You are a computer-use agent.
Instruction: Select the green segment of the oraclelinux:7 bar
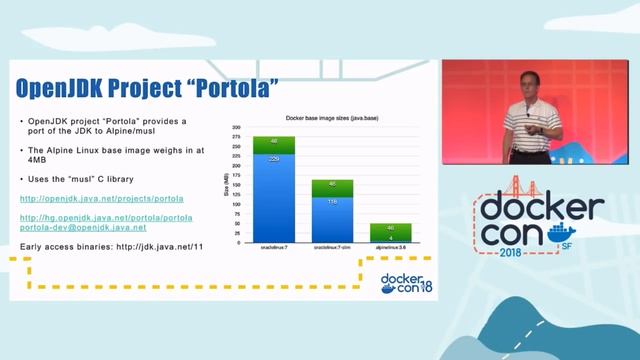[273, 144]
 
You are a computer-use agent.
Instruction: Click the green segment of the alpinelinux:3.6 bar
[390, 228]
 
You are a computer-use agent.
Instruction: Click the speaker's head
[526, 84]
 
